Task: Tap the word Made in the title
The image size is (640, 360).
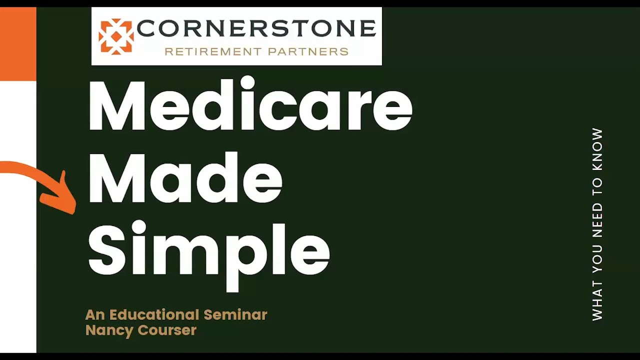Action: [185, 179]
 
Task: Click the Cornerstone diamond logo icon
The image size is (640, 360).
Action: [116, 36]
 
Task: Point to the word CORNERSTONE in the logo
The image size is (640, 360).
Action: [256, 29]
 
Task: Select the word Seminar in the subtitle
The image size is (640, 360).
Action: [235, 315]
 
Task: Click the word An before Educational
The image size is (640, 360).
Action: [95, 315]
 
